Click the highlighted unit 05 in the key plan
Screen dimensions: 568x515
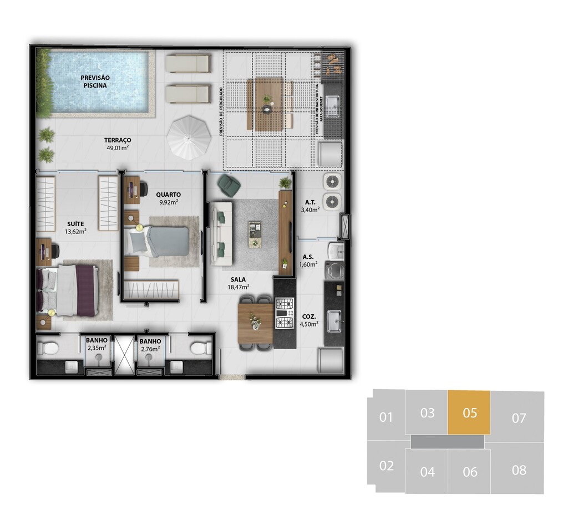pos(469,412)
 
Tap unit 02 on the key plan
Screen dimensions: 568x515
pos(386,466)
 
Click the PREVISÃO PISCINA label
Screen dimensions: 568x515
pos(95,81)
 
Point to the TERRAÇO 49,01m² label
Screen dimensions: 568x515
pos(118,144)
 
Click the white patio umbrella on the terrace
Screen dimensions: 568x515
pos(189,137)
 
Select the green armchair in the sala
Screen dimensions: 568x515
pos(229,185)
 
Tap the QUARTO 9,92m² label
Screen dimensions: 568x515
pos(169,198)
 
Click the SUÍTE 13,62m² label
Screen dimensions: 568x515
pos(75,228)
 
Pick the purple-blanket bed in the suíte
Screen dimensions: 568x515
pos(67,290)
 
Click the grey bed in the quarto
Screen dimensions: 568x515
pos(158,241)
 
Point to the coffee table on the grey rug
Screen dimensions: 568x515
pos(255,234)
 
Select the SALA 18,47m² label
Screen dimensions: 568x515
pos(238,283)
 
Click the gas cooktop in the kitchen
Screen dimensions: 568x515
pos(285,313)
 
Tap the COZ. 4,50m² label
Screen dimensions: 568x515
pos(309,320)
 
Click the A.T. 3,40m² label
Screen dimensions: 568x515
pos(310,206)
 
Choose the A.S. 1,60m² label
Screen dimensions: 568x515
pos(308,261)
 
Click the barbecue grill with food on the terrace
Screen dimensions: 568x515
pos(332,64)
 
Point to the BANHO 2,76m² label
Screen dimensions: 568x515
pos(150,345)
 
